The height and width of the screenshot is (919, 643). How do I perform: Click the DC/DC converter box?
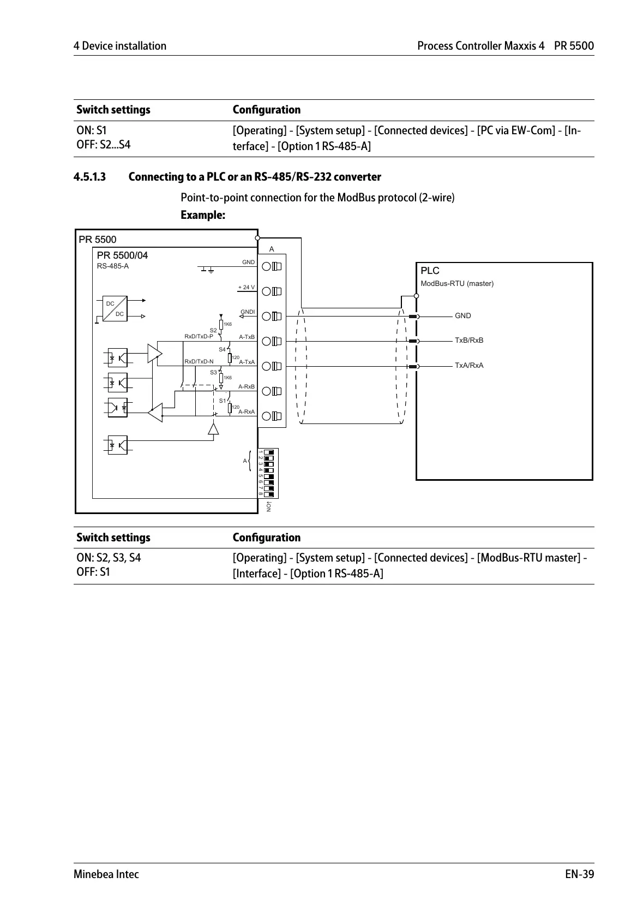point(114,308)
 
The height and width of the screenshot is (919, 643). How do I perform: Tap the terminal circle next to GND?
point(267,266)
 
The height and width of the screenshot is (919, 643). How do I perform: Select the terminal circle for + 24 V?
point(267,291)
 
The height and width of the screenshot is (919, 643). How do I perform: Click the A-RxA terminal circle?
point(267,416)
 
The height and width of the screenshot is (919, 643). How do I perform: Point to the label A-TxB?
point(247,337)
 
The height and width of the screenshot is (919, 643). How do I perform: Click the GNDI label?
point(248,312)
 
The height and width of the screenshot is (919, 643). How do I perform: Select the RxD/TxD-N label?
point(199,361)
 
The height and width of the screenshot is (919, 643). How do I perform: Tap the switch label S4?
point(222,349)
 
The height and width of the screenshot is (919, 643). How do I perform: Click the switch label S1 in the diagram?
point(222,401)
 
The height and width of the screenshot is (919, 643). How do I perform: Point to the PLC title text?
point(430,271)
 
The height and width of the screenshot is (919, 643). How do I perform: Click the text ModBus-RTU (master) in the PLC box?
point(457,284)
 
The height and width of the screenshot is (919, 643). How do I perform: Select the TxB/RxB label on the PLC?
point(469,341)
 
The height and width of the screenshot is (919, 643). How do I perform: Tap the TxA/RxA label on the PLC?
point(469,366)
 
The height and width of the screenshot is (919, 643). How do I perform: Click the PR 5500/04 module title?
point(122,255)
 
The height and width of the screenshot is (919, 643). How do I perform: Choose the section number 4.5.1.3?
point(90,177)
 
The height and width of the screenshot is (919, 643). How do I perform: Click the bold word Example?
point(203,215)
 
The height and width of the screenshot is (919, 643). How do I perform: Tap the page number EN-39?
point(579,874)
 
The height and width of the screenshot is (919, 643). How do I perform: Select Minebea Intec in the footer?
point(106,874)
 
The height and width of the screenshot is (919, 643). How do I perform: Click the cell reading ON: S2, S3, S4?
point(109,558)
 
